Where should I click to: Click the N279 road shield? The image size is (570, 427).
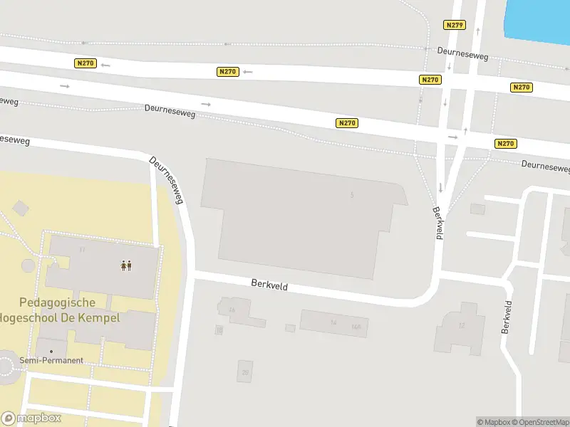(454, 25)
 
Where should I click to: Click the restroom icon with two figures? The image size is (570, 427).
(126, 265)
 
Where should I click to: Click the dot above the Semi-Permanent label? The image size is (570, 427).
(51, 352)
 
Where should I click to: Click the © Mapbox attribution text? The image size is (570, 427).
(493, 422)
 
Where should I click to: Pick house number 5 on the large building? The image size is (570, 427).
(352, 194)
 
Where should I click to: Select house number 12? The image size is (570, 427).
(462, 325)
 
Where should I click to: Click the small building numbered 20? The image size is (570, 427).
(246, 372)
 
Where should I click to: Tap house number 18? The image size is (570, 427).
(219, 330)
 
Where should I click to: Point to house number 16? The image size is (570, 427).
(232, 310)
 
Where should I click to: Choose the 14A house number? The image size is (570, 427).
(356, 327)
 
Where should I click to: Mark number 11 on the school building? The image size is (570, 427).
(83, 249)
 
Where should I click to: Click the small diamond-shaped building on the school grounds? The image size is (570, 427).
(21, 208)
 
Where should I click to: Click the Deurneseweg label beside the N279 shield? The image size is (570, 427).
(462, 53)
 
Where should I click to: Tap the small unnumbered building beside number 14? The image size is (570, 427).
(290, 328)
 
